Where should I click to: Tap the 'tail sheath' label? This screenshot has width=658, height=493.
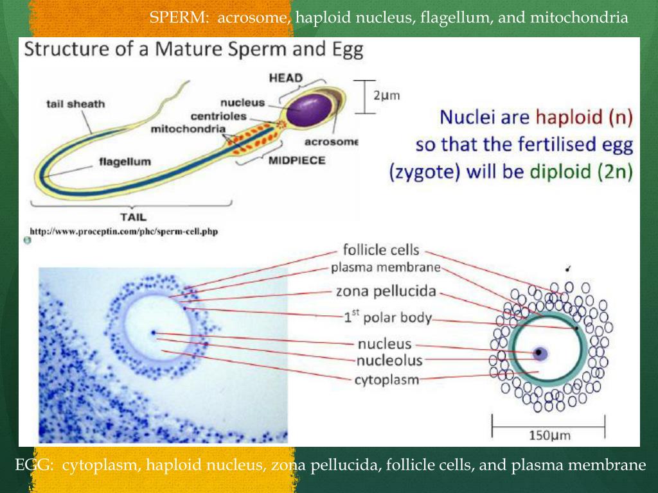75,104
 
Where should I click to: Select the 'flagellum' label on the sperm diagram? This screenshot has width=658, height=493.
125,162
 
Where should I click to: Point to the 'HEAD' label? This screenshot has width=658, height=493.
285,78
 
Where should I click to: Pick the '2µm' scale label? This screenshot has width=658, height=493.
387,96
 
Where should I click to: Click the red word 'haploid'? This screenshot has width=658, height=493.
567,117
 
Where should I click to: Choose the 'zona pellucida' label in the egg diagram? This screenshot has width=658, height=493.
386,291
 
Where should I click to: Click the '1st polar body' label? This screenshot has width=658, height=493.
388,317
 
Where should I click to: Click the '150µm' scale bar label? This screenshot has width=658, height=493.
549,436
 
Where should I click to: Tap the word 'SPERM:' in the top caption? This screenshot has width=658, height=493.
179,18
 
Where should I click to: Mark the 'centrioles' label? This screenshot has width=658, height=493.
218,116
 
